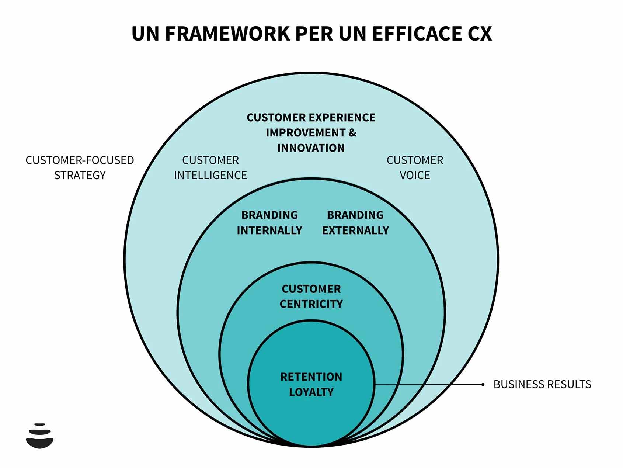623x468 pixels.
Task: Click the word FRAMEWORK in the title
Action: tap(227, 34)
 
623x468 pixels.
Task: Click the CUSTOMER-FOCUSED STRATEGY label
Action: tap(80, 168)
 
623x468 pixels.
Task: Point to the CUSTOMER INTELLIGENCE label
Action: tap(210, 168)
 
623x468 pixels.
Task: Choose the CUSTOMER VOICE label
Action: tap(415, 168)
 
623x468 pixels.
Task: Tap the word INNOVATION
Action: tap(311, 148)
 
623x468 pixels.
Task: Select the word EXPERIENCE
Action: tap(342, 118)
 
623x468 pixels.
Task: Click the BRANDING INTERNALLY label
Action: tap(269, 223)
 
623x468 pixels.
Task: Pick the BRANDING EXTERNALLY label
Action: tap(355, 223)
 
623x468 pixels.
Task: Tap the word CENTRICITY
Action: tap(311, 304)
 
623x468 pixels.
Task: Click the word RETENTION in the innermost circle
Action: tap(311, 377)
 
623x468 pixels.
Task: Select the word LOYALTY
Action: tap(311, 392)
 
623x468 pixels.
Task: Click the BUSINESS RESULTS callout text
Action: tap(542, 384)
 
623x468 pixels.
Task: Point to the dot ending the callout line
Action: tap(483, 384)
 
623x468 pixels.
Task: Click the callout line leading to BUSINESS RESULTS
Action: tap(428, 384)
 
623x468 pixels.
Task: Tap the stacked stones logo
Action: tap(40, 436)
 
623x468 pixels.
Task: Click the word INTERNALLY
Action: tap(269, 230)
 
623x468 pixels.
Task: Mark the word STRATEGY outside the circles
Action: tap(80, 175)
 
